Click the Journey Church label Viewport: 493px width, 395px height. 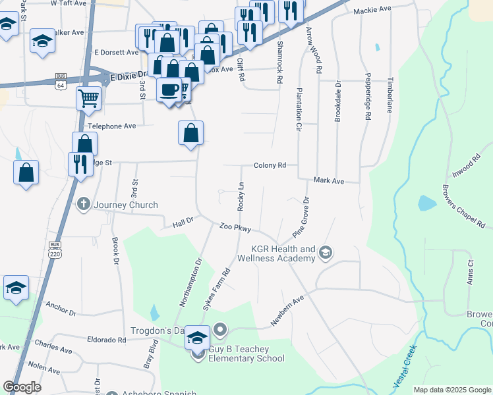(125, 205)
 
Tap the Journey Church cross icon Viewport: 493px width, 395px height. (84, 204)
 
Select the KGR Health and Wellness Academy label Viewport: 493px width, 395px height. (283, 254)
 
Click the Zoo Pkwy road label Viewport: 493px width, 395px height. (235, 228)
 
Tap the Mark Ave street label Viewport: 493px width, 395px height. (329, 180)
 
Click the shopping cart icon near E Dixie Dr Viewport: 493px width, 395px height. (88, 99)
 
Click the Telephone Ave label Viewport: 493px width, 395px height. (111, 126)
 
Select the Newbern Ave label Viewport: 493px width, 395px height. (287, 311)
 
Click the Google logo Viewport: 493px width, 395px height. (22, 387)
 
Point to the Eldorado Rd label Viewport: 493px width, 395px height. (106, 340)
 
